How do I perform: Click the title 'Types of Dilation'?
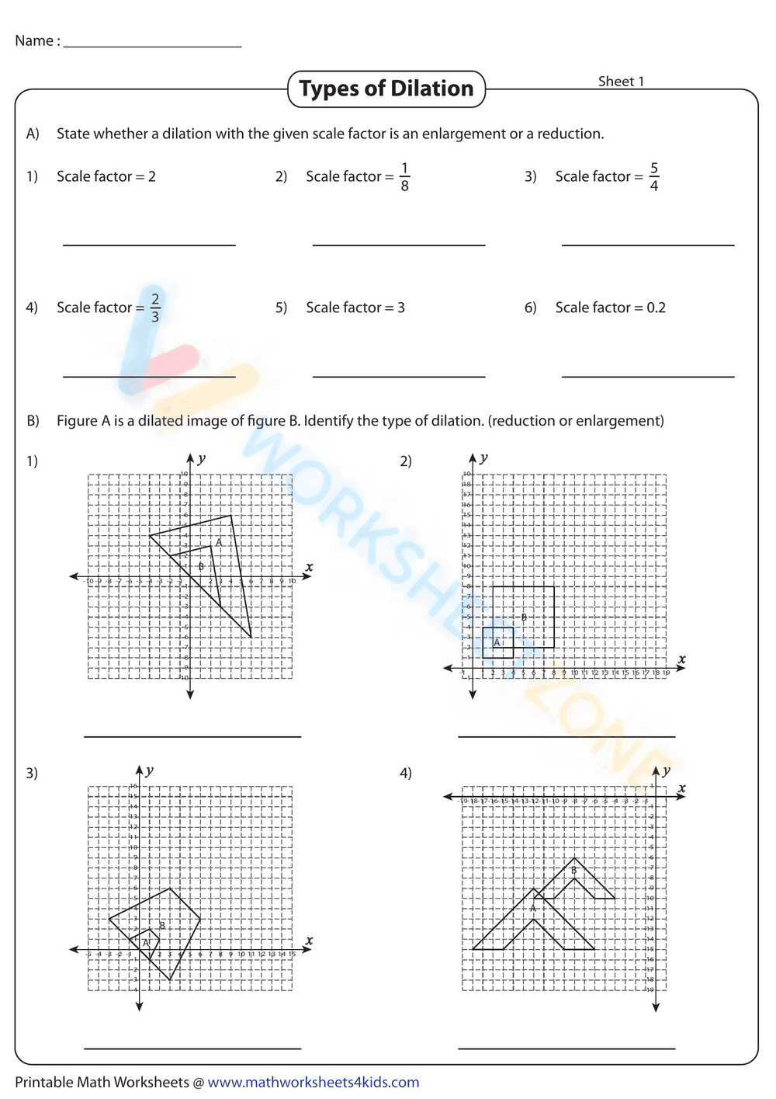(x=386, y=89)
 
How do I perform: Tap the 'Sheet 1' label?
(x=621, y=82)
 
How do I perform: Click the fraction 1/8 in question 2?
(x=404, y=177)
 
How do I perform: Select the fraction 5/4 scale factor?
(x=654, y=177)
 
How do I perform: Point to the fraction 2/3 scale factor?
(x=155, y=308)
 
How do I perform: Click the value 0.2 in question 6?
(x=656, y=308)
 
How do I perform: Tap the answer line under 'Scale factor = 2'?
(x=149, y=245)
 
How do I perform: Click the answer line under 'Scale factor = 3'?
(x=399, y=376)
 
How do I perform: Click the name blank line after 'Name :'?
(x=152, y=47)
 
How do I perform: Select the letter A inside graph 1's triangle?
(x=219, y=542)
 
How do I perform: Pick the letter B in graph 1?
(x=201, y=566)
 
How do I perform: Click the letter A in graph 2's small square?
(x=497, y=642)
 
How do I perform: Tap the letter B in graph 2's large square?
(x=524, y=617)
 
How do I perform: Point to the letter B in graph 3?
(x=162, y=926)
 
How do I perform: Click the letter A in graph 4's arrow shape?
(x=533, y=908)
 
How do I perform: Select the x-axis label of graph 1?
(x=309, y=567)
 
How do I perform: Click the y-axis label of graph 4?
(x=666, y=771)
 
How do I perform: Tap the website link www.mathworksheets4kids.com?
(x=314, y=1082)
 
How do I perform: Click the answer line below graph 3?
(x=192, y=1048)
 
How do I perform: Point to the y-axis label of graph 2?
(x=483, y=458)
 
